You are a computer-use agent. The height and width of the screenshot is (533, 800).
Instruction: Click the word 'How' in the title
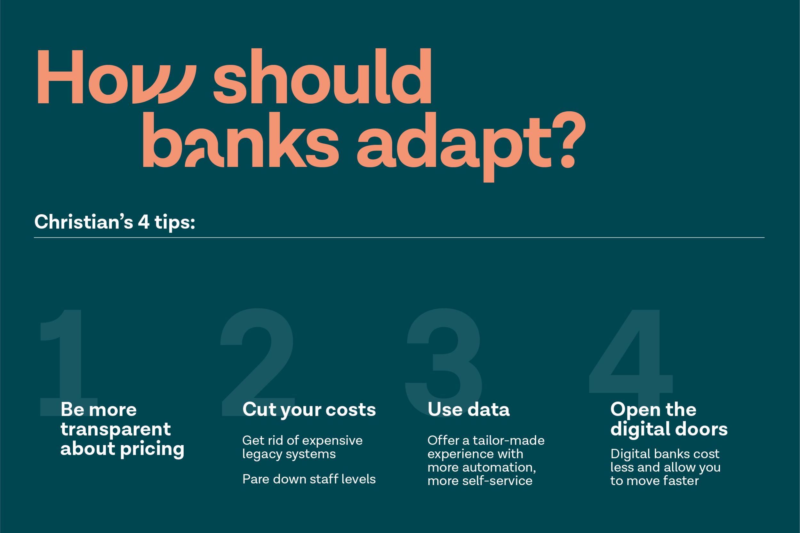pos(116,76)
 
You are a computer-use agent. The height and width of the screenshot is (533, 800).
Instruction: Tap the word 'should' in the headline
pos(322,76)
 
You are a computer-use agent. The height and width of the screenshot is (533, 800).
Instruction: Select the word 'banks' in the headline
pos(241,139)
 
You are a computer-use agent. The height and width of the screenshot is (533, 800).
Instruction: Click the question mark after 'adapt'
pos(569,139)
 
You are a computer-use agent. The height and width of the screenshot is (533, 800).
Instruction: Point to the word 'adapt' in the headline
pos(453,147)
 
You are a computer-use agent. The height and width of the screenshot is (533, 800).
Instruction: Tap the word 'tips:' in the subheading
pos(175,223)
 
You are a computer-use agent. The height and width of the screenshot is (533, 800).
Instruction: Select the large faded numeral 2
pos(258,362)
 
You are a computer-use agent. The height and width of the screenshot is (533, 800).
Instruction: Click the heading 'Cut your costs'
pos(309,410)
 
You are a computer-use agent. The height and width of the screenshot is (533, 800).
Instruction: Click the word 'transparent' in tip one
pos(116,430)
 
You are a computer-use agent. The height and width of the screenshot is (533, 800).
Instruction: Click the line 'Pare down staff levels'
pos(309,479)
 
